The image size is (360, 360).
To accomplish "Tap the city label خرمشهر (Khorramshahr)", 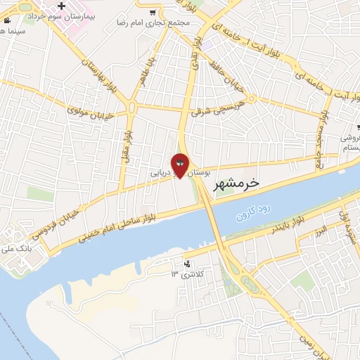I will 236,183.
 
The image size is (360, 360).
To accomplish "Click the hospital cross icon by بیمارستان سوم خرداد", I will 63,8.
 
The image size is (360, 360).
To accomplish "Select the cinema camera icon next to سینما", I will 7,20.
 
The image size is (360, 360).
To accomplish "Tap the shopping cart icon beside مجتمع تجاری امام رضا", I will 153,12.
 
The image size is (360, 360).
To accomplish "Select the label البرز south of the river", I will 321,230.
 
